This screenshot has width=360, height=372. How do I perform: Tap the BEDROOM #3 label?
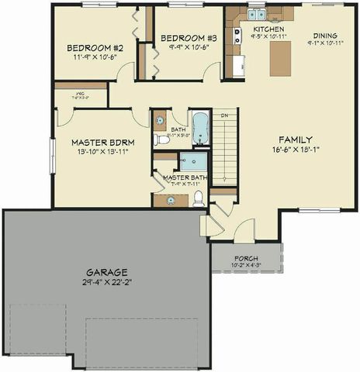click(189, 38)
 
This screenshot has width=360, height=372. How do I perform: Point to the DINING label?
click(325, 36)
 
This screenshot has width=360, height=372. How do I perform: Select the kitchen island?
click(280, 57)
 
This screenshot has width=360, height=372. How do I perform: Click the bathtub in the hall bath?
click(200, 128)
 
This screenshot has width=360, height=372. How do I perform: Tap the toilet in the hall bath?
click(161, 139)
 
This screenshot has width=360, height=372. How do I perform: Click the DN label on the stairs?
click(224, 116)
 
